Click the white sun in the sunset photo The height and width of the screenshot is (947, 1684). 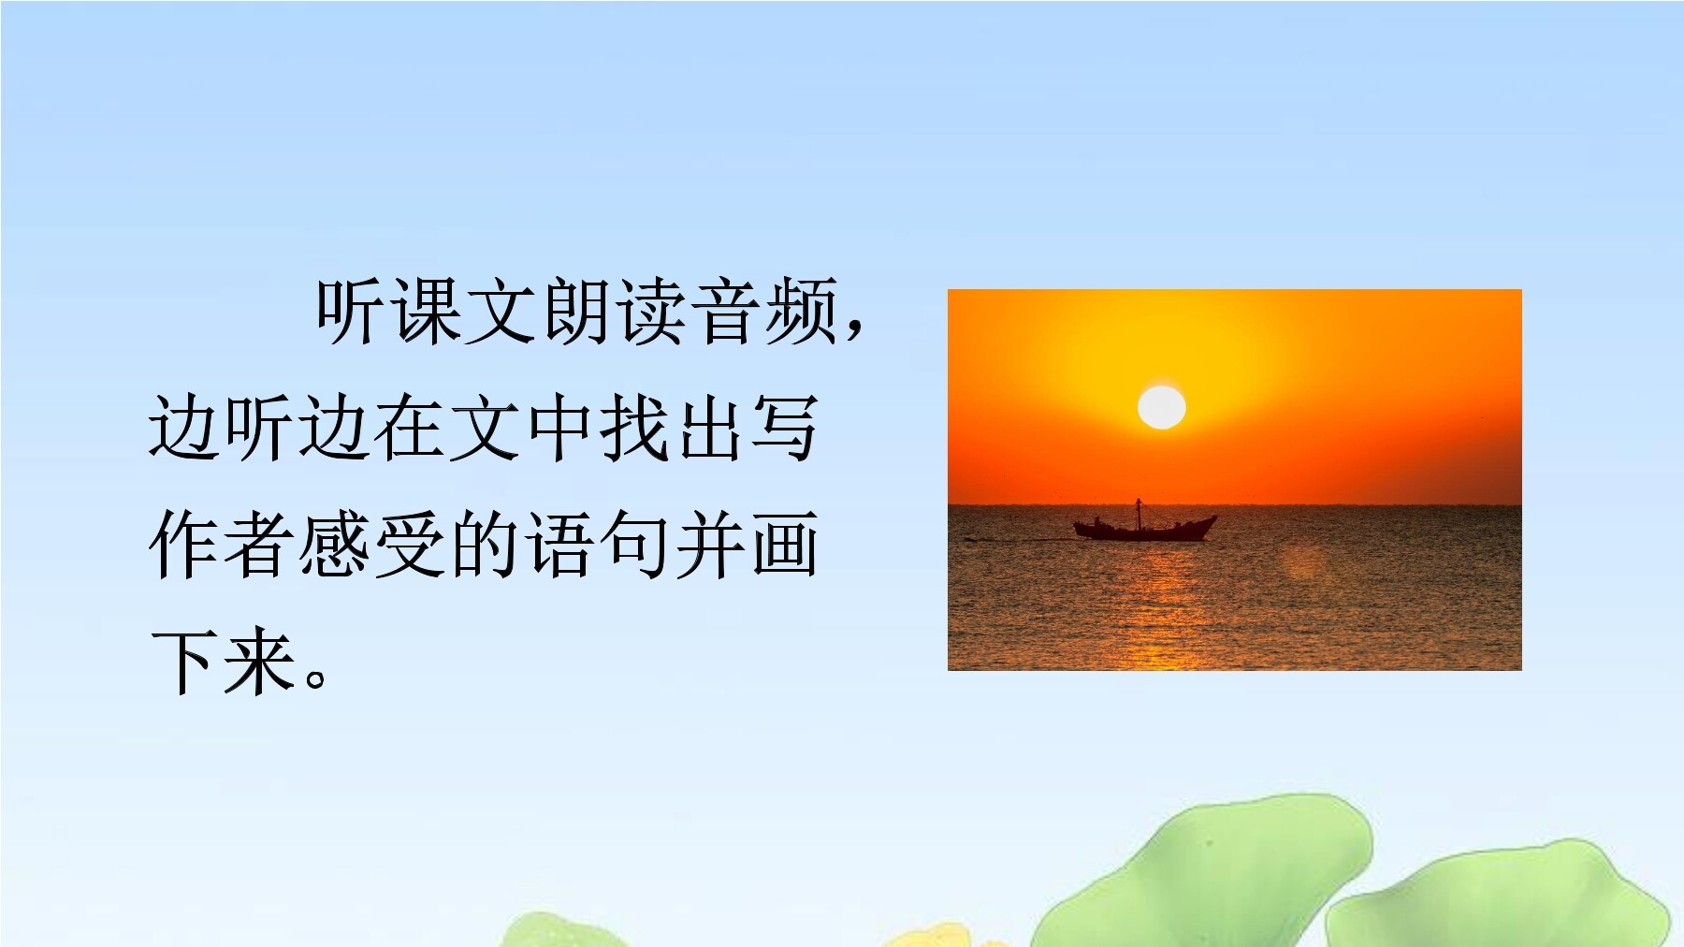[x=1161, y=407]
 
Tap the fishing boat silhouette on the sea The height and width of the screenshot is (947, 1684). [x=1144, y=527]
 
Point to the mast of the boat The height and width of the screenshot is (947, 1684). [x=1139, y=514]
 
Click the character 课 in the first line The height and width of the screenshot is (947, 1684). [x=427, y=311]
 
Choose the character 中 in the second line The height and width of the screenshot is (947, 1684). [x=561, y=428]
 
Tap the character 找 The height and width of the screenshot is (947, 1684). [x=636, y=428]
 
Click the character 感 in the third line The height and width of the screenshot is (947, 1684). [x=335, y=545]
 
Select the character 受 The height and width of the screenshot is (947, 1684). [x=410, y=545]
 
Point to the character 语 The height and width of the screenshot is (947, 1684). [x=561, y=545]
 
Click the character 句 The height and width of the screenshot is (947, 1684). [x=636, y=545]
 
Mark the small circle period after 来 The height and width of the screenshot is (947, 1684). [x=316, y=677]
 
